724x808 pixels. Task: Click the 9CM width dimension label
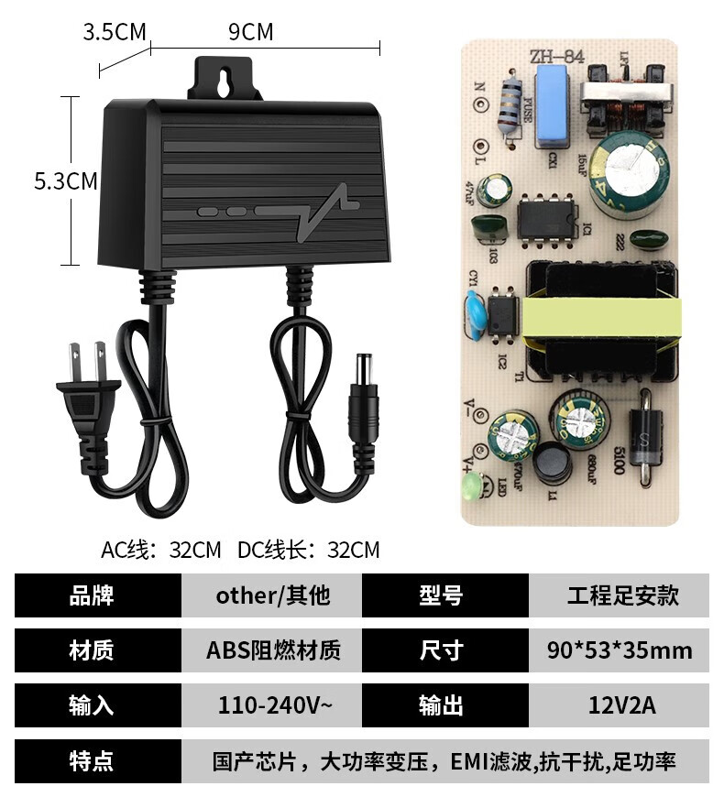[x=250, y=32]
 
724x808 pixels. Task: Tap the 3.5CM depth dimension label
[x=115, y=32]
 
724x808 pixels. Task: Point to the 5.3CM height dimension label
[x=65, y=180]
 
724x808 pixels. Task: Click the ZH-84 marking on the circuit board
[x=555, y=57]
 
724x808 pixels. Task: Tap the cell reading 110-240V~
[x=272, y=705]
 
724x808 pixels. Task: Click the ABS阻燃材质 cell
[x=272, y=650]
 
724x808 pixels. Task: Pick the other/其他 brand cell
[x=272, y=595]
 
